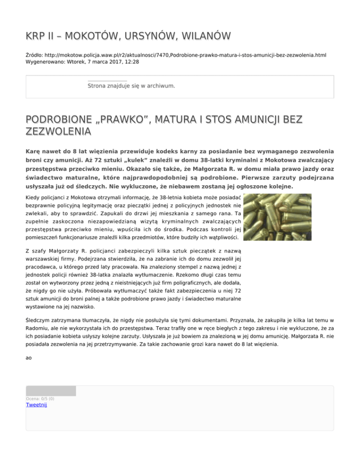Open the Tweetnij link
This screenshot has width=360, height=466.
[36, 405]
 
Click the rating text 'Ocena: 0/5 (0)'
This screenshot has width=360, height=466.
[40, 399]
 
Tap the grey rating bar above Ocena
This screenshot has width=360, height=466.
[51, 391]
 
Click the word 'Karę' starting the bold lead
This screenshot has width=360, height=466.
[34, 152]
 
